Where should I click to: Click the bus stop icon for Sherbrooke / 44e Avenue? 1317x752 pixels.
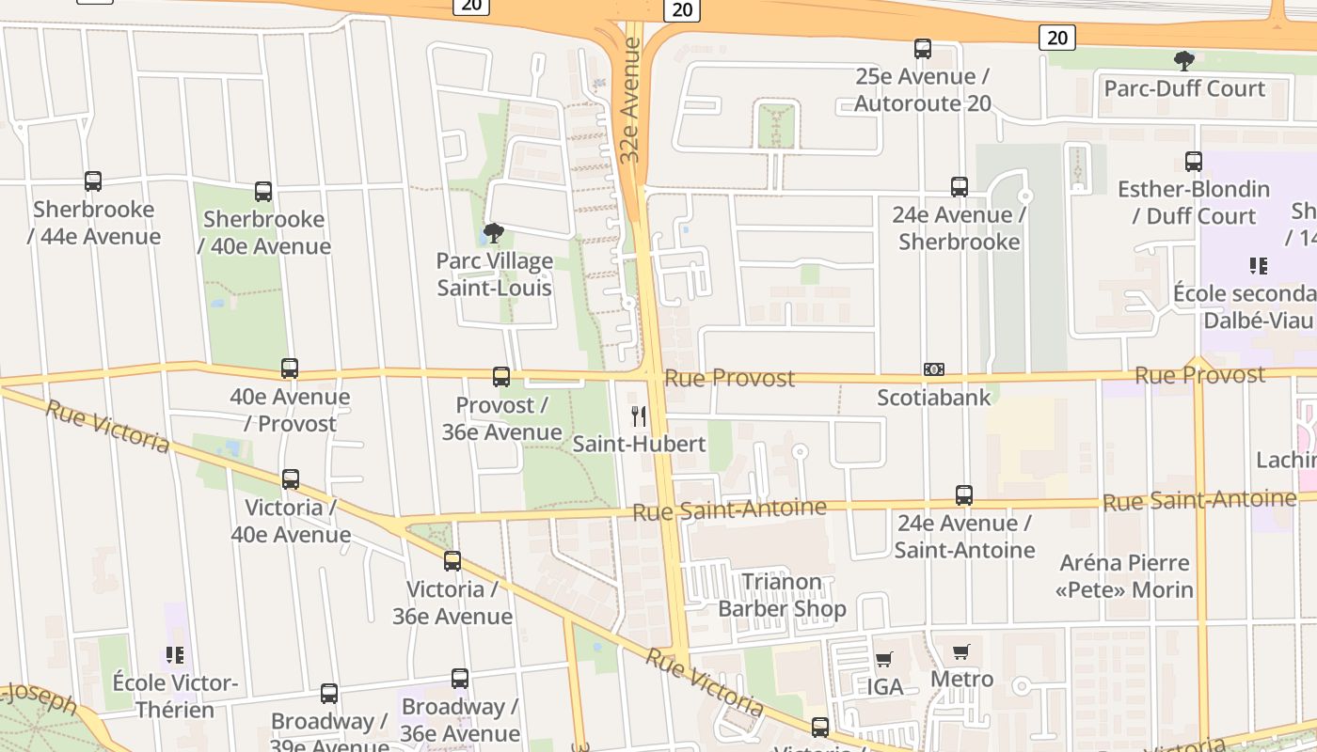(x=93, y=181)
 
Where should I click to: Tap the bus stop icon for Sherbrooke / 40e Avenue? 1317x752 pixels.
(x=263, y=192)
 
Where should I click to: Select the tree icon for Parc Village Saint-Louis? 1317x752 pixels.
(x=493, y=233)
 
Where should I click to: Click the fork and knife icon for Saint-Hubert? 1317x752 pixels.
(x=639, y=415)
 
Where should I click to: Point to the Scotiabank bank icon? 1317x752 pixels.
(x=934, y=369)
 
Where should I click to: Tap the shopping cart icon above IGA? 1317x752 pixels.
(x=883, y=660)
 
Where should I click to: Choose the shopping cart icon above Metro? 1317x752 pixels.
(x=960, y=651)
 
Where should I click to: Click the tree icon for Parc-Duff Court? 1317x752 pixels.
(x=1183, y=61)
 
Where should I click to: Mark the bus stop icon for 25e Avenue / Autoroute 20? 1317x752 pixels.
(x=923, y=48)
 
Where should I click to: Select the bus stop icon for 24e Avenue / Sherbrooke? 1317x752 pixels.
(x=960, y=187)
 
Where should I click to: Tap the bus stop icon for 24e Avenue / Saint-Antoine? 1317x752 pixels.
(x=964, y=495)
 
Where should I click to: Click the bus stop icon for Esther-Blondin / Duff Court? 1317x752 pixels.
(x=1194, y=162)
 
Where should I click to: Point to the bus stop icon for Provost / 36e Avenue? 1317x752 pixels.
(x=501, y=377)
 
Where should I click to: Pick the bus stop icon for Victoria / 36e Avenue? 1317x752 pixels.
(x=452, y=561)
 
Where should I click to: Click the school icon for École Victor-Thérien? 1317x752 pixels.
(x=175, y=654)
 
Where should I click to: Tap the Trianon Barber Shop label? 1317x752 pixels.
(x=782, y=595)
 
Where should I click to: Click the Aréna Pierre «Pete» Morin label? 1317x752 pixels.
(x=1124, y=576)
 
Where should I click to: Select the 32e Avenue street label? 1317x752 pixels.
(x=630, y=113)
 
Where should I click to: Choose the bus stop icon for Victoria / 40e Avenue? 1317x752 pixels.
(x=291, y=479)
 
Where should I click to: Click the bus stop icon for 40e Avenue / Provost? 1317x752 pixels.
(x=290, y=368)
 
